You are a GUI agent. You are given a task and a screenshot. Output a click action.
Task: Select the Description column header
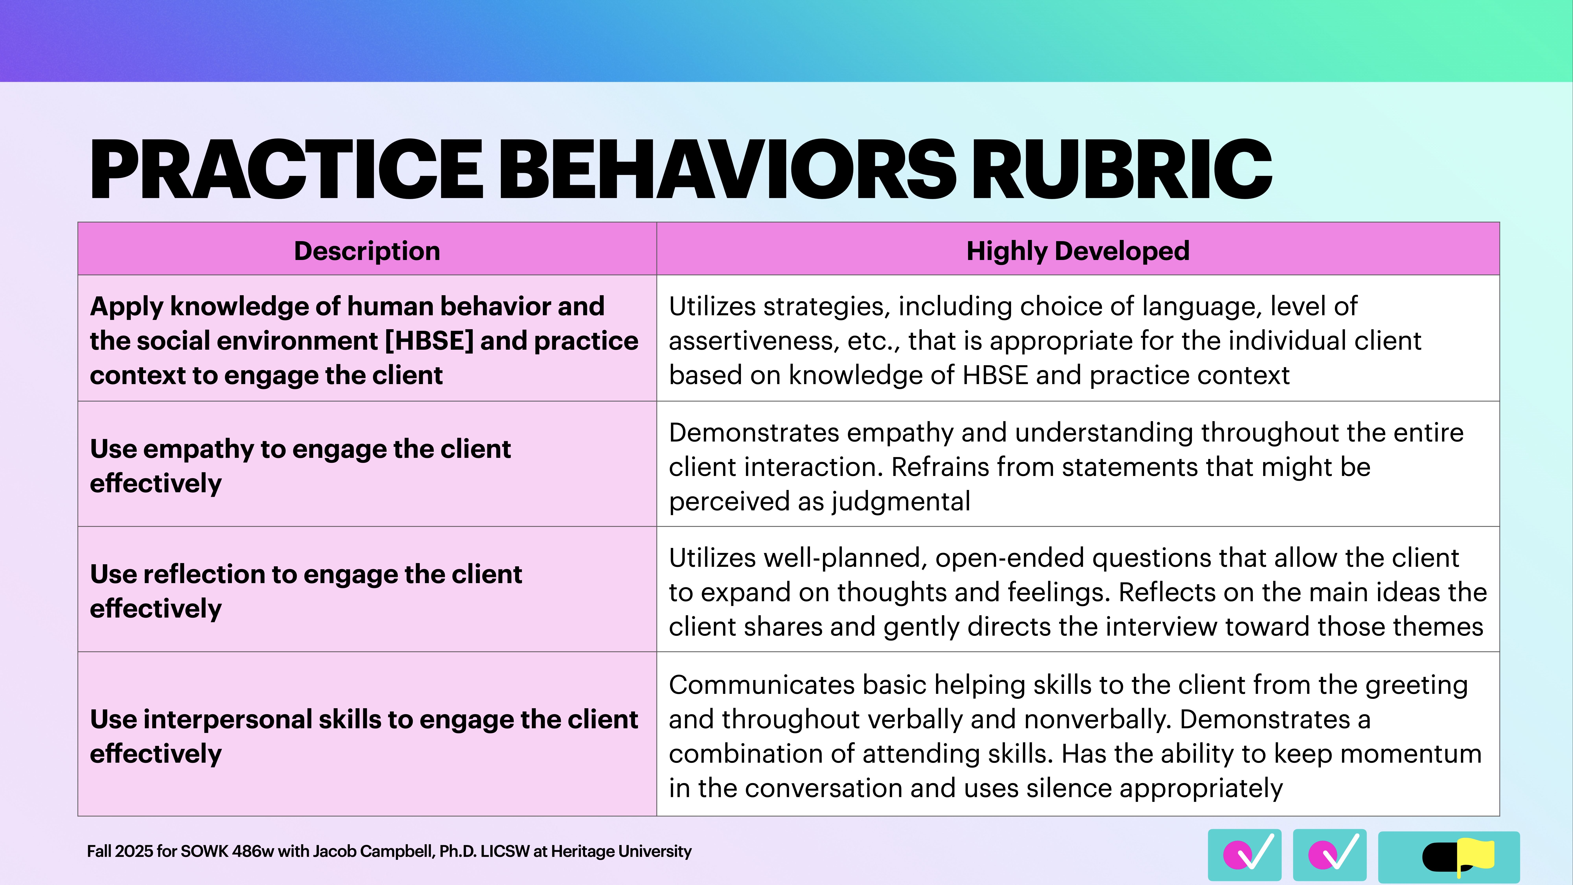[367, 251]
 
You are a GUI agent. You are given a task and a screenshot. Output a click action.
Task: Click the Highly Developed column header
[1078, 251]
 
